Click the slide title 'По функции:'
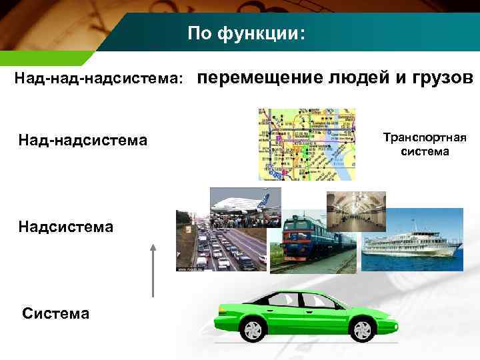pyautogui.click(x=246, y=33)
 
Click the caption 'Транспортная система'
pyautogui.click(x=425, y=144)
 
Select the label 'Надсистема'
pyautogui.click(x=66, y=227)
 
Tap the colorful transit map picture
pyautogui.click(x=307, y=144)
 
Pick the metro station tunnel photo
pyautogui.click(x=356, y=211)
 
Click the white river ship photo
pyautogui.click(x=412, y=240)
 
